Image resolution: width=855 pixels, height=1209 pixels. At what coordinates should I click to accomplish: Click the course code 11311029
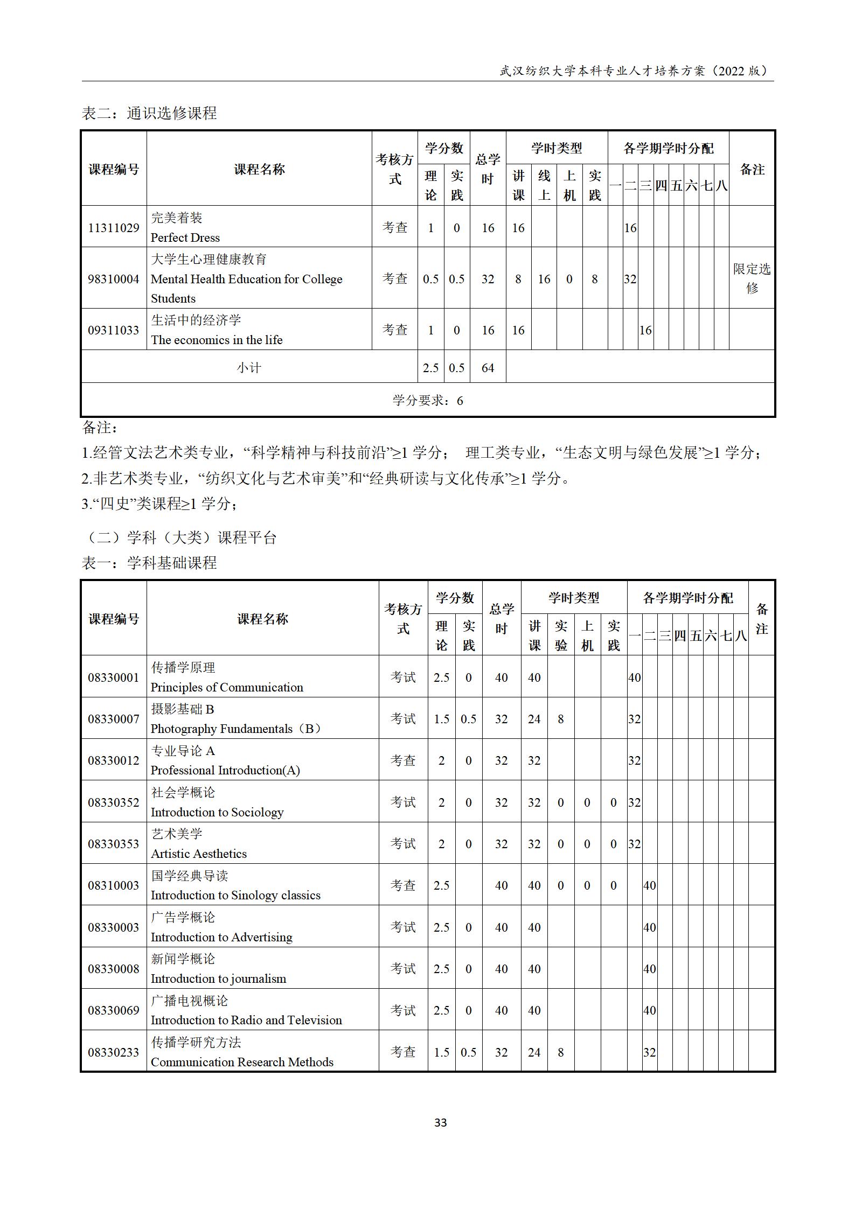tap(114, 228)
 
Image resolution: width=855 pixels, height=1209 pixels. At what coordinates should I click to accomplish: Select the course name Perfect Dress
tap(185, 237)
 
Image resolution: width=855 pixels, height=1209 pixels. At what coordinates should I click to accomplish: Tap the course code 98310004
tap(114, 279)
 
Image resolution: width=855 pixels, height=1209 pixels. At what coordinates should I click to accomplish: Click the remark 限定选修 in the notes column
tap(752, 278)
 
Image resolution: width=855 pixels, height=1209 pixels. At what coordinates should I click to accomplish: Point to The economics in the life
tap(217, 340)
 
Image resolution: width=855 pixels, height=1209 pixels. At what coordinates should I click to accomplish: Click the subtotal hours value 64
tap(488, 368)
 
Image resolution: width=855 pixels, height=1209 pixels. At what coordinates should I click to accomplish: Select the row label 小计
tap(249, 368)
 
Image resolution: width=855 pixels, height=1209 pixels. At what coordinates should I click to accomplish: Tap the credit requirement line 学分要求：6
tap(428, 400)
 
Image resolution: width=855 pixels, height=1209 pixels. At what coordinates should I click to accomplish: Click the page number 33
tap(440, 1122)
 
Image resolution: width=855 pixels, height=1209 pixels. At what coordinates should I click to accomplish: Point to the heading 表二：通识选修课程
tap(149, 113)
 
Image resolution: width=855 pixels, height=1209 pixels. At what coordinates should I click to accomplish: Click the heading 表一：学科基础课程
tap(149, 563)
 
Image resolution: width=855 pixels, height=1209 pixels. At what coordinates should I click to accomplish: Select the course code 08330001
tap(114, 677)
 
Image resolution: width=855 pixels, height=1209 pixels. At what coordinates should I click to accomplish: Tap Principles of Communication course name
tap(227, 687)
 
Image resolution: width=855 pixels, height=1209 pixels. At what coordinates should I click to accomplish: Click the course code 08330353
tap(114, 844)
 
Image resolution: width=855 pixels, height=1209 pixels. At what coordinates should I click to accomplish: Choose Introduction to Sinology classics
tap(235, 895)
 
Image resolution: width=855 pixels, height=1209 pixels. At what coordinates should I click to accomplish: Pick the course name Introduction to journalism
tap(218, 979)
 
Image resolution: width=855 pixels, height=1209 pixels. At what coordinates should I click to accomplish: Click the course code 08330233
tap(114, 1052)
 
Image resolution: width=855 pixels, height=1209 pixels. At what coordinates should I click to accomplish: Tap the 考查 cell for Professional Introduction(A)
tap(403, 760)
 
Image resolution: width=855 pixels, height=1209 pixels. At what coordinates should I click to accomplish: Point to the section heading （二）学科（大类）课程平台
tap(180, 537)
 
